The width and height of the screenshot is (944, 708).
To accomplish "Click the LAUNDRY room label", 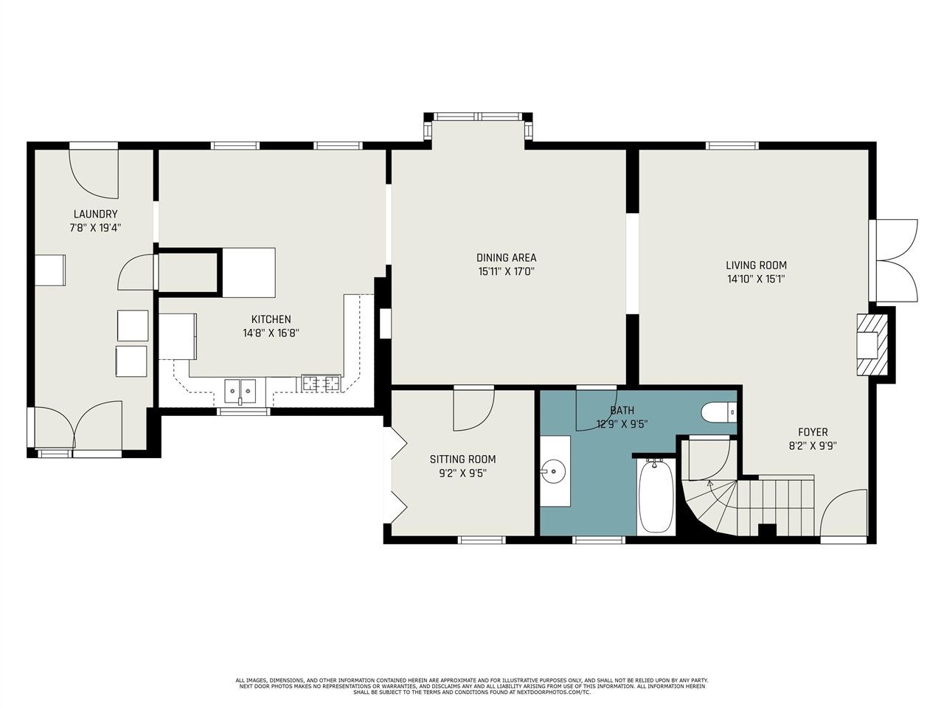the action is (95, 214).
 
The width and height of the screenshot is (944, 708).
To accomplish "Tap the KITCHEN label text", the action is (271, 319).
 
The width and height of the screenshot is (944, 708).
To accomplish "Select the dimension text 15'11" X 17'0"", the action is (506, 271).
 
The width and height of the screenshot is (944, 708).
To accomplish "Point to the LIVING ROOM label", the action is (756, 265).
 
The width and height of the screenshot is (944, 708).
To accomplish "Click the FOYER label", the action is (813, 432).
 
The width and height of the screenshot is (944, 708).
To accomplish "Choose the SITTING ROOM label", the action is (462, 459).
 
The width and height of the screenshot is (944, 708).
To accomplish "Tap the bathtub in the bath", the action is (656, 496).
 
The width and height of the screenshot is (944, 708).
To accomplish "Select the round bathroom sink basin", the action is (553, 471).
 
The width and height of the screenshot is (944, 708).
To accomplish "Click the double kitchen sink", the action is (240, 391).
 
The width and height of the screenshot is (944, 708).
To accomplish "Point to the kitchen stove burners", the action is (322, 383).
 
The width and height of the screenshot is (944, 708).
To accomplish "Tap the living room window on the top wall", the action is (732, 146).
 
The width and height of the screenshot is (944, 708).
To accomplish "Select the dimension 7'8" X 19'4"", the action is (95, 228).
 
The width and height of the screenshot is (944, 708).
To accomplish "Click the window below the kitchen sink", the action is (243, 412).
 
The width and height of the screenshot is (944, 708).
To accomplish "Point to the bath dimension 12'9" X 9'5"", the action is (622, 424).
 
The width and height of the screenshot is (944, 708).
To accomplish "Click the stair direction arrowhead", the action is (709, 484).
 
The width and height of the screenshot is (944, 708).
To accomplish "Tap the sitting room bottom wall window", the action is (482, 540).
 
